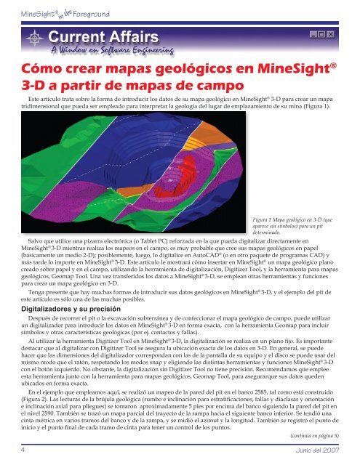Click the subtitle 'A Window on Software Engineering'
(x=113, y=50)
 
